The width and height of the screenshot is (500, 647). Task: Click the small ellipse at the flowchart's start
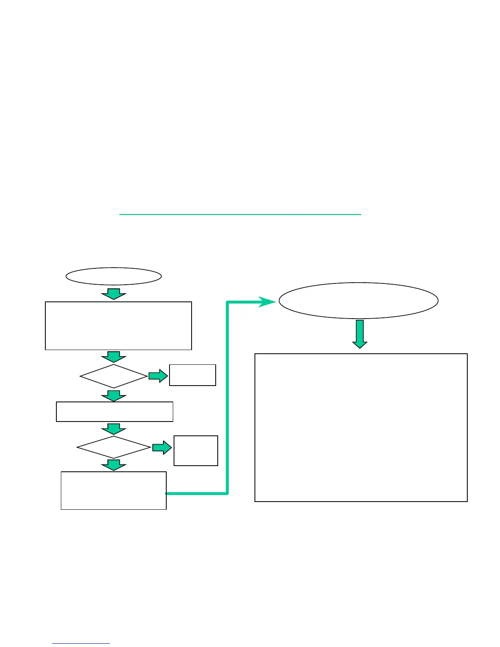point(114,277)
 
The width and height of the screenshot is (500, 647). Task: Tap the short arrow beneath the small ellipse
point(114,294)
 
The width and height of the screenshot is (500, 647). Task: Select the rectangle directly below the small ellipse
point(118,326)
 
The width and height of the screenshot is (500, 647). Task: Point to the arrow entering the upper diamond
point(114,357)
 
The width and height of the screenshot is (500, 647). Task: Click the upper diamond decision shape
point(114,376)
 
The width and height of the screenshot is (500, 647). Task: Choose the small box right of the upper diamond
point(192,375)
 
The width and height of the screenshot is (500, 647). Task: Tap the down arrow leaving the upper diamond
point(114,395)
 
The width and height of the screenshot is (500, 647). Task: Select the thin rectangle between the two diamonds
point(114,412)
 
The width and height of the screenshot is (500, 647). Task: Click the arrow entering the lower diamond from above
point(114,429)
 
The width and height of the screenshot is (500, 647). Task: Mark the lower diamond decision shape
point(114,447)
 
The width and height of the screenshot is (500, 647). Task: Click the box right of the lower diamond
point(196,451)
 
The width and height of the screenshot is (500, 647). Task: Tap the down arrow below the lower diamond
point(114,465)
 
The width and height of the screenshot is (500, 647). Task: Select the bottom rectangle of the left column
point(114,491)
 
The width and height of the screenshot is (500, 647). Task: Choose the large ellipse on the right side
point(358,301)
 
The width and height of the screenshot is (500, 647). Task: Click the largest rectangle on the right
point(361,427)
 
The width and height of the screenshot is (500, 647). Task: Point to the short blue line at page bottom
point(81,643)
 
